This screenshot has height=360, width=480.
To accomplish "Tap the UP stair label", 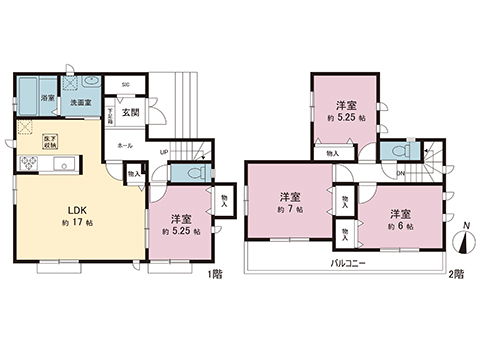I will coord(163,152).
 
